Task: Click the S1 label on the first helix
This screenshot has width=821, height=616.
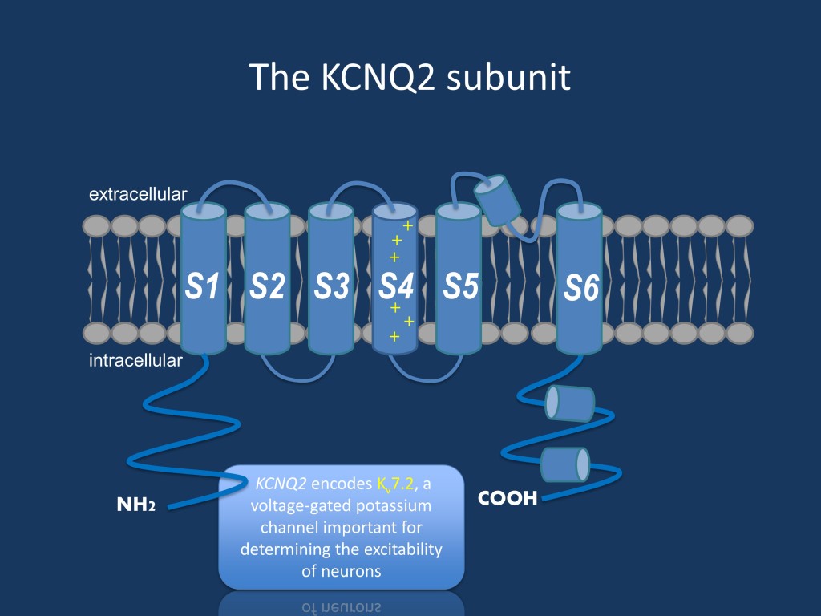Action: (203, 286)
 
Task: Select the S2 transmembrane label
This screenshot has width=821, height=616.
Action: (267, 286)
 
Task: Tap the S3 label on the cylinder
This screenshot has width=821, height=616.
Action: (331, 286)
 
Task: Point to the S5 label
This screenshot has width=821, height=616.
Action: (460, 286)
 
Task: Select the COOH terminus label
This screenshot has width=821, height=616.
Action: (507, 498)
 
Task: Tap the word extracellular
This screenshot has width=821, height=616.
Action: (138, 194)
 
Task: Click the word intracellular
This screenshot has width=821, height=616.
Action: (135, 360)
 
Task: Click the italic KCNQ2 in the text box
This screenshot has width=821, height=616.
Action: (281, 484)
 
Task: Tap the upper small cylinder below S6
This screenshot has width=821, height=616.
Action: (569, 403)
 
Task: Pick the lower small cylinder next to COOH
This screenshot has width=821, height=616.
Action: (565, 464)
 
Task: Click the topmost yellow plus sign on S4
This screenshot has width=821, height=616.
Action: (407, 226)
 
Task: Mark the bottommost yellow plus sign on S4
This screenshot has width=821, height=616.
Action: (394, 337)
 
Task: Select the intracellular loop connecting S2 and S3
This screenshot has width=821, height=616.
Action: (298, 373)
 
